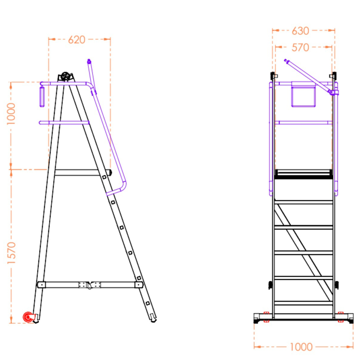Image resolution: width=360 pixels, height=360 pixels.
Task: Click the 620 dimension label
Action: click(77, 40)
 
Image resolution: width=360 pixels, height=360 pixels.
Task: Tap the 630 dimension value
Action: click(300, 31)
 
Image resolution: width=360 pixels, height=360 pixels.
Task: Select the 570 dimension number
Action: click(300, 48)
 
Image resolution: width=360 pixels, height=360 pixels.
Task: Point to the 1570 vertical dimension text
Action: click(11, 253)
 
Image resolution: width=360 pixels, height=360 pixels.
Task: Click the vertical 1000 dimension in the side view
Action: click(11, 114)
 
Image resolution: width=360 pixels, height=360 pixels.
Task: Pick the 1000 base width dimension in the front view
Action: click(301, 347)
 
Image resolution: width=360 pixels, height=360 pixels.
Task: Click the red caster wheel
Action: click(28, 317)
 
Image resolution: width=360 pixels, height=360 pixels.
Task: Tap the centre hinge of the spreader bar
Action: click(89, 285)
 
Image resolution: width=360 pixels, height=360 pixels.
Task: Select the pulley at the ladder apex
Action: click(65, 76)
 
